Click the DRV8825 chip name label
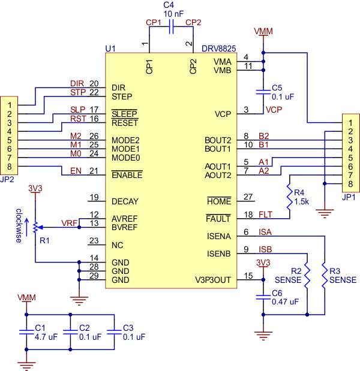point(218,48)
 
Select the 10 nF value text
point(170,13)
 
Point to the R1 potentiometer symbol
point(36,227)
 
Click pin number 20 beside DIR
point(94,83)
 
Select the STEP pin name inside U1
point(122,96)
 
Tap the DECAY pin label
point(124,201)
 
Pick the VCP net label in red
point(274,110)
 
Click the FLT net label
point(265,214)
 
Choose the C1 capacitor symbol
point(26,331)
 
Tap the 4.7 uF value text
point(45,337)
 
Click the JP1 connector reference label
point(349,196)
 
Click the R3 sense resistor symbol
point(324,275)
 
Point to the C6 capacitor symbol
point(262,296)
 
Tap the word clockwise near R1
point(19,225)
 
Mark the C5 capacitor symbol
point(262,92)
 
